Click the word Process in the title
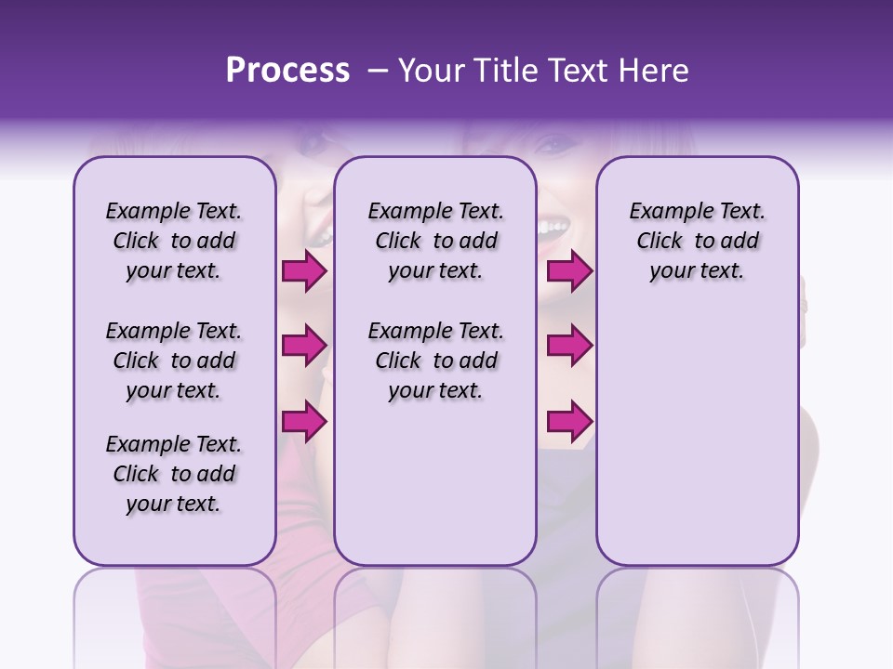(287, 71)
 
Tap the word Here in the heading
(656, 71)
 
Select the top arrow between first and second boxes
(303, 271)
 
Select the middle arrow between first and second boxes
(303, 346)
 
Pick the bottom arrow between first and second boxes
(303, 421)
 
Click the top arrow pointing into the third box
(568, 271)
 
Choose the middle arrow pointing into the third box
(568, 346)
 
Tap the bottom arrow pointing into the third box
(568, 421)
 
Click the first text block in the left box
(174, 241)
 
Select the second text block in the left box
(174, 361)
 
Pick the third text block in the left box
(174, 474)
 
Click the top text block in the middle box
(435, 241)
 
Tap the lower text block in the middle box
(435, 361)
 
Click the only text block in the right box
(697, 241)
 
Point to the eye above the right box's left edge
(558, 146)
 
